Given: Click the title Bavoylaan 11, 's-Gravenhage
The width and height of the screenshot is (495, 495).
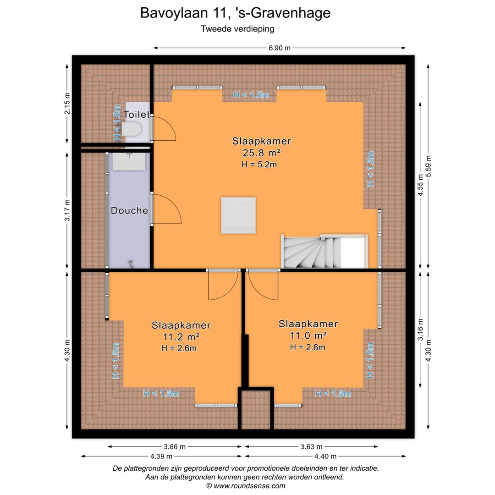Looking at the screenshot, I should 235,13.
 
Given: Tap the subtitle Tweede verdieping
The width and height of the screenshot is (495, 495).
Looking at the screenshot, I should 237,29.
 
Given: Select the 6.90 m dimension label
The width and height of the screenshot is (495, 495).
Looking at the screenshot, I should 279,48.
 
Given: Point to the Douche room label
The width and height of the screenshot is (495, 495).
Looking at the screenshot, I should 129,211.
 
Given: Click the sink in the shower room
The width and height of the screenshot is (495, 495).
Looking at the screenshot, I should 129,161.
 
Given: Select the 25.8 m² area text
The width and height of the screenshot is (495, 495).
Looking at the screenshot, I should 261,153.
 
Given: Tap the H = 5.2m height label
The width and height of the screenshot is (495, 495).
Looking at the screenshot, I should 259,165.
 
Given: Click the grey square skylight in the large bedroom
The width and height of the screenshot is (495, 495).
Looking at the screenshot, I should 238,215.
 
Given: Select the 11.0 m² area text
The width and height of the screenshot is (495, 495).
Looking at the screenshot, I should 308,335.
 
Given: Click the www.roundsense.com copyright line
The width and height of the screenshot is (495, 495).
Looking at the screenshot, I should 246,486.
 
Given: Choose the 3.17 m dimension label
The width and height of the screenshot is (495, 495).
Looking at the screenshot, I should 67,210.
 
